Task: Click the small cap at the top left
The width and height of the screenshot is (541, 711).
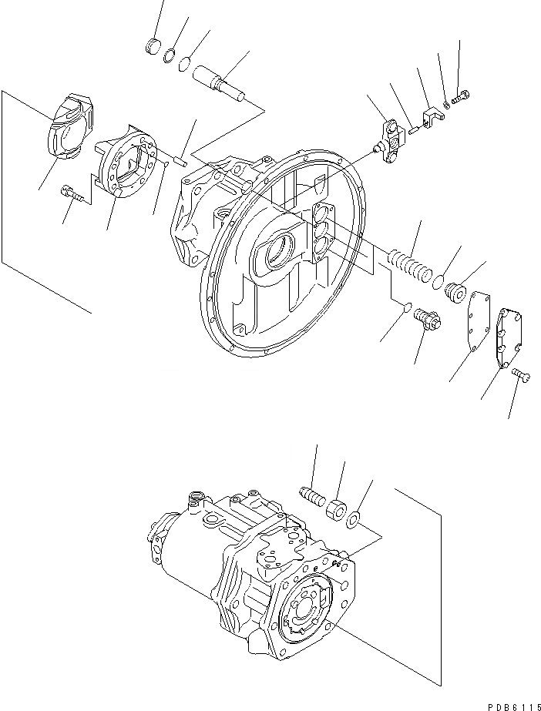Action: tap(153, 45)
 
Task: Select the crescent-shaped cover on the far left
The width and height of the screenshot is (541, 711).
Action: tap(70, 132)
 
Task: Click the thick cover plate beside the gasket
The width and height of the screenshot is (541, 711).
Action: tap(505, 337)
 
